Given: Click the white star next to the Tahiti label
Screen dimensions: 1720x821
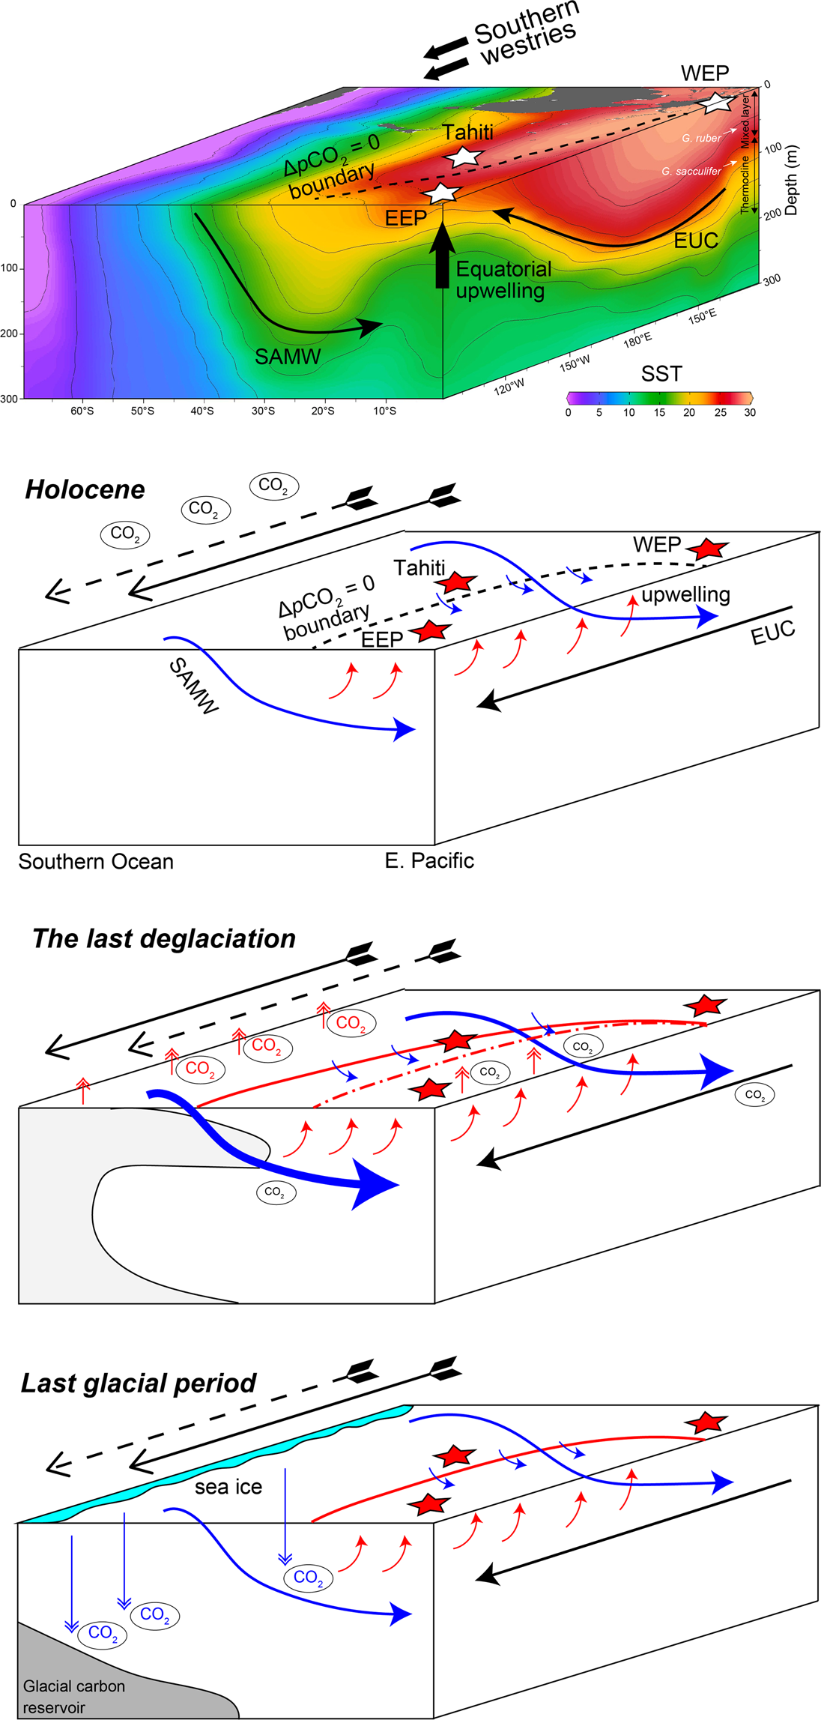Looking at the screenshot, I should [x=463, y=157].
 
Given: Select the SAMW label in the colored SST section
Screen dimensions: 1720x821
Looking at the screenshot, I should [x=288, y=357].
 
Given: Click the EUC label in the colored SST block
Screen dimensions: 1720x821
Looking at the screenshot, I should [x=696, y=241].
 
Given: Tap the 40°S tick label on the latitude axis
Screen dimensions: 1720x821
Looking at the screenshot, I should [x=202, y=411].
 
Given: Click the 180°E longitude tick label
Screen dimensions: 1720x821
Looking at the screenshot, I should [x=637, y=340].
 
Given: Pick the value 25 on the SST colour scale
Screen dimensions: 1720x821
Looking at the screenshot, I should [x=720, y=412].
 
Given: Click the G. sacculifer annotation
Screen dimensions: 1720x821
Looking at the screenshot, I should [x=691, y=172].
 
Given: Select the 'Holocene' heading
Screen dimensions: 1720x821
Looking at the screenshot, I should [x=85, y=489].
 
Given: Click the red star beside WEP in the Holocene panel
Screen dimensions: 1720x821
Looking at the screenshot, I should [x=708, y=548].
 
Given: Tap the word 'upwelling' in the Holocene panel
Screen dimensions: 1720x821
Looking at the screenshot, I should [x=685, y=595].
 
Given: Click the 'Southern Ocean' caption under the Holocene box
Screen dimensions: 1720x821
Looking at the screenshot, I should [x=96, y=862].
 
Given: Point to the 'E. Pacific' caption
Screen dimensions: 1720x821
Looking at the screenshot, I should [x=429, y=860].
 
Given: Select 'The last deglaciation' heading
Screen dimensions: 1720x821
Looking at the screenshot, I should [x=164, y=938].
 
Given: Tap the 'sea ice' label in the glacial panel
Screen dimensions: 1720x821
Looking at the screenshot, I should [x=228, y=1487].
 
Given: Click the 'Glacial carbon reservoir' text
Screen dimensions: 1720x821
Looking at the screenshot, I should [x=73, y=1697].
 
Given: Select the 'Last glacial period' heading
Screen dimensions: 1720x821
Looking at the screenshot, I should [x=139, y=1383].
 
